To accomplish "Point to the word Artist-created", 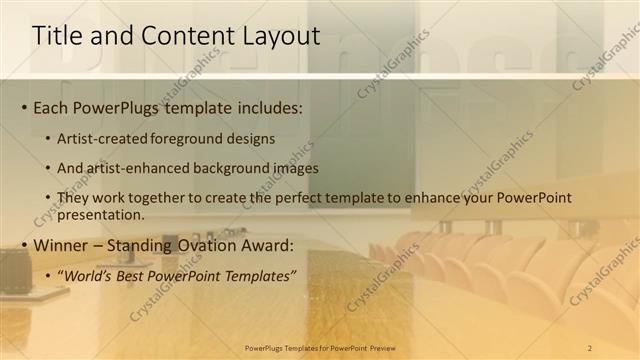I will (x=103, y=138).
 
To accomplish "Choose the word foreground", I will (x=187, y=138).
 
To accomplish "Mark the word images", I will (x=295, y=168).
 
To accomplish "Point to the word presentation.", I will (x=103, y=215).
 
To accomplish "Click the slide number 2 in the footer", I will (x=590, y=348).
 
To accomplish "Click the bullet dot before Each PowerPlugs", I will (x=24, y=108).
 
